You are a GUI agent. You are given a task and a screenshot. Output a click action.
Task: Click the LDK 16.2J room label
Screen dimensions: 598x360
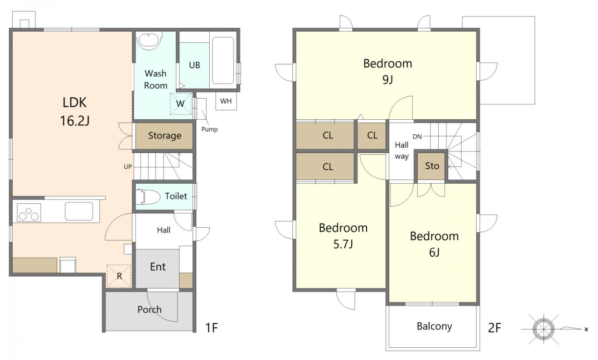(x=74, y=112)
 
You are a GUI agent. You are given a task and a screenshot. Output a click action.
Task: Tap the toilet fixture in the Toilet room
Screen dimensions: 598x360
(x=148, y=197)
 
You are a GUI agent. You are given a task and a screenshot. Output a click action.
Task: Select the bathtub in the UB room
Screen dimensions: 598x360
(x=223, y=60)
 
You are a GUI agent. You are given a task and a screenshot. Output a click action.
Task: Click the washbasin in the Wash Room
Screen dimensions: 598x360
(x=149, y=41)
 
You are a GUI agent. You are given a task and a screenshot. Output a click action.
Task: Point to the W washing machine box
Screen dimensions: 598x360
(x=181, y=104)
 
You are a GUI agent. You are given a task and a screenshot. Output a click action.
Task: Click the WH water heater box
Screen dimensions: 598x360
(x=226, y=101)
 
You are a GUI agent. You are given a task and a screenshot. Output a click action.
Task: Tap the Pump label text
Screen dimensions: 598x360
(x=209, y=129)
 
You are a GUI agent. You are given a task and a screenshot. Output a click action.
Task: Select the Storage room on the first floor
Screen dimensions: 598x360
(x=164, y=136)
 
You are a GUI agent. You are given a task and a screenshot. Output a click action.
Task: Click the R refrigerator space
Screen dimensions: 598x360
(x=119, y=276)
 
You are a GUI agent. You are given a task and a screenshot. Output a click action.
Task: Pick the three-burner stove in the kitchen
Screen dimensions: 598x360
(x=28, y=213)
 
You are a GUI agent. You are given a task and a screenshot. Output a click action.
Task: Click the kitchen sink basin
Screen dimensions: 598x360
(x=79, y=211)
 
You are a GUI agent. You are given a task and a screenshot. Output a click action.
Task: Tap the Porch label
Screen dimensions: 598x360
(x=149, y=310)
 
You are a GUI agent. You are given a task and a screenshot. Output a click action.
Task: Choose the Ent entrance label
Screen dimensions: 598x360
(x=158, y=267)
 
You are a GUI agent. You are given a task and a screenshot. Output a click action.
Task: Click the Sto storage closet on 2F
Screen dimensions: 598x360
(x=432, y=166)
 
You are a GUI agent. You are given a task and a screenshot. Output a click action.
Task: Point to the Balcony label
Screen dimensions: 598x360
(x=434, y=326)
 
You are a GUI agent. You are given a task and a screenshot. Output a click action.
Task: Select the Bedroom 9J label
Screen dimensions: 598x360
(x=388, y=72)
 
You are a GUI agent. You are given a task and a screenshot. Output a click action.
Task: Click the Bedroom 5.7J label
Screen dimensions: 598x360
(x=343, y=236)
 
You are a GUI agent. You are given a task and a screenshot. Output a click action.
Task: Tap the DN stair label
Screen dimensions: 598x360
(x=417, y=137)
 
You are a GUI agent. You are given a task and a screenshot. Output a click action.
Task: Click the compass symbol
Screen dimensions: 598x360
(x=543, y=329)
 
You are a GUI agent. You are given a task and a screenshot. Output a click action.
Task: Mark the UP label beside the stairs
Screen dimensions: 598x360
(x=128, y=166)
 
